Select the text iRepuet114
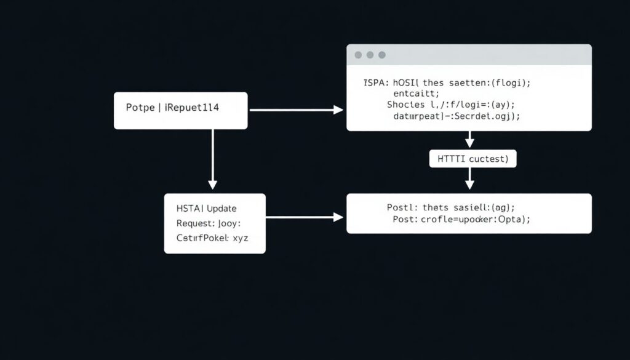[x=192, y=107]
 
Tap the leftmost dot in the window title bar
[x=358, y=55]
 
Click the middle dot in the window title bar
[x=370, y=55]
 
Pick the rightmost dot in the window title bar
[x=381, y=55]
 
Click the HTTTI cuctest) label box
[x=472, y=159]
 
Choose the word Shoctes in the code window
[x=406, y=105]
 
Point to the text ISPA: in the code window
[x=375, y=81]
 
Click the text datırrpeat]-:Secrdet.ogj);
[x=456, y=116]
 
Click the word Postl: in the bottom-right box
[x=403, y=208]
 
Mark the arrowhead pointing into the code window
[x=338, y=110]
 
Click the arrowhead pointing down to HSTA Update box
[x=213, y=184]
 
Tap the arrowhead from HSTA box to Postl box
[x=338, y=217]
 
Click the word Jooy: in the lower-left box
[x=228, y=223]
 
